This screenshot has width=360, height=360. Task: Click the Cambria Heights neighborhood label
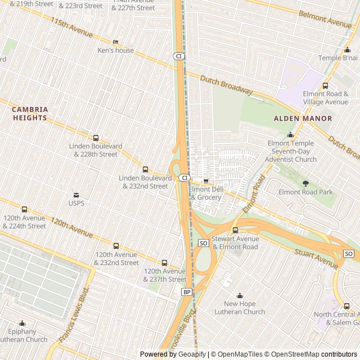(x=30, y=114)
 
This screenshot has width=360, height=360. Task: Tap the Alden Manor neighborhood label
(x=303, y=119)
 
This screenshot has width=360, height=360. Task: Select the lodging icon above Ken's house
(x=116, y=42)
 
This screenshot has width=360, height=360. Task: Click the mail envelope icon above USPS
(x=76, y=195)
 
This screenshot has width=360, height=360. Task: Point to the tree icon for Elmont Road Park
(x=305, y=183)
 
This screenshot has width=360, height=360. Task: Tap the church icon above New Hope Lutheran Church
(x=240, y=295)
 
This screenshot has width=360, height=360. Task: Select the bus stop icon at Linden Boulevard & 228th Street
(x=96, y=138)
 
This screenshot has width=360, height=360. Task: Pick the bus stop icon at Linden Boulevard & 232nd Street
(x=145, y=169)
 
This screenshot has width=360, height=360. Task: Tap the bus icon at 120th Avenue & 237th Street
(x=164, y=263)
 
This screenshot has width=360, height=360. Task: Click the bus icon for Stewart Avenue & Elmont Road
(x=235, y=230)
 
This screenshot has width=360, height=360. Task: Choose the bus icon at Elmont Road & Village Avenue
(x=325, y=85)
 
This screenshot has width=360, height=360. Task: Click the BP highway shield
(x=186, y=292)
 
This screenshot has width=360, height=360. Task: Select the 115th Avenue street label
(x=71, y=28)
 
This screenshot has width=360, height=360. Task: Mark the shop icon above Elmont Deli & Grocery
(x=206, y=181)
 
